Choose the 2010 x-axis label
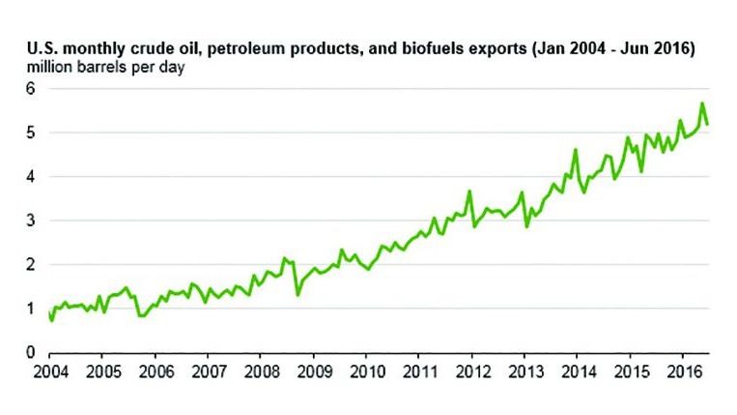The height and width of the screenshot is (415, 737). (364, 371)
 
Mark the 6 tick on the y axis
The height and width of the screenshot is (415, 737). (30, 88)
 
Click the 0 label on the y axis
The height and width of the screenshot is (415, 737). (30, 352)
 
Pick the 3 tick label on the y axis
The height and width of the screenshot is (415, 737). (30, 221)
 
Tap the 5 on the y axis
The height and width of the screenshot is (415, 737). (30, 133)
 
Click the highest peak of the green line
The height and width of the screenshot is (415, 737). (702, 104)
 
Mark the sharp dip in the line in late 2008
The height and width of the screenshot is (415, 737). (298, 294)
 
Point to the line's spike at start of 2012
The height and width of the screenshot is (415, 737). (468, 192)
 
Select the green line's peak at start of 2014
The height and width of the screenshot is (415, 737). (576, 150)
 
